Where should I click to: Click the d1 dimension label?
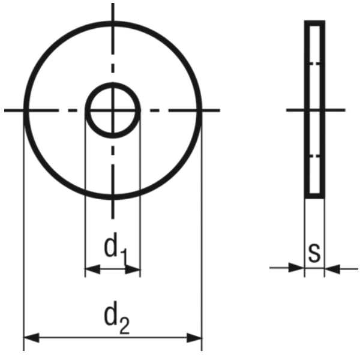tap(115, 249)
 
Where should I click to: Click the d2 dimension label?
tap(117, 317)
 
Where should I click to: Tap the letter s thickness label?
tap(314, 253)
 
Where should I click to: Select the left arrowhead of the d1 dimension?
tap(92, 269)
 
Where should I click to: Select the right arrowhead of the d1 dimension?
tap(133, 269)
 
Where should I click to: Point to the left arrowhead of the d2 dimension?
tap(31, 338)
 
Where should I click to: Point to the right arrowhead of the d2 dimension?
tap(194, 338)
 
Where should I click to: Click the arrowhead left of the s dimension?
tap(296, 268)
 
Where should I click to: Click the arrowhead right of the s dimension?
tap(332, 269)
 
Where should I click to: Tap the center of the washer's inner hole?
tap(113, 110)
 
